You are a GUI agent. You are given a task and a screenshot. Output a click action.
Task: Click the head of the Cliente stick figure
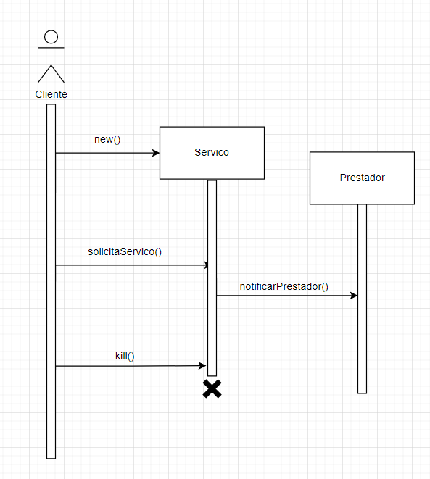[x=51, y=37]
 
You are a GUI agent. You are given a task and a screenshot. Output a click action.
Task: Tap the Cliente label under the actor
[x=51, y=94]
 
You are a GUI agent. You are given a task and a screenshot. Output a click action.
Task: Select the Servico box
[x=212, y=153]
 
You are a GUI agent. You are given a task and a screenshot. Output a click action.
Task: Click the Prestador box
[x=362, y=178]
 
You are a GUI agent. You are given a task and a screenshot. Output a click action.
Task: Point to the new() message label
[x=107, y=139]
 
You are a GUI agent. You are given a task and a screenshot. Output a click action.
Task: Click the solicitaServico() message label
[x=124, y=251]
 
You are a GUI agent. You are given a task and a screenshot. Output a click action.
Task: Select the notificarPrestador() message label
[x=284, y=286]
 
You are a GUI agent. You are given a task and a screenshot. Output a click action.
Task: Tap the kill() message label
[x=125, y=355]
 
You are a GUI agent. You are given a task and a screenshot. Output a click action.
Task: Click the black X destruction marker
[x=212, y=389]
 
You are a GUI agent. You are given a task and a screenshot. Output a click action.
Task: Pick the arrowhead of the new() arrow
[x=156, y=153]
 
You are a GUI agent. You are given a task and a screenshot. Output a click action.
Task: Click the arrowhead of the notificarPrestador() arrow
[x=354, y=296]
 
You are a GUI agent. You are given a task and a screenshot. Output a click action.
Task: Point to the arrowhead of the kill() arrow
[x=204, y=366]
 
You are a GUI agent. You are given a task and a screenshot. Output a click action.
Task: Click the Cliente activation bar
[x=51, y=290]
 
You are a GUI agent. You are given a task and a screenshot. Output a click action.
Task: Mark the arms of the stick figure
[x=51, y=49]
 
